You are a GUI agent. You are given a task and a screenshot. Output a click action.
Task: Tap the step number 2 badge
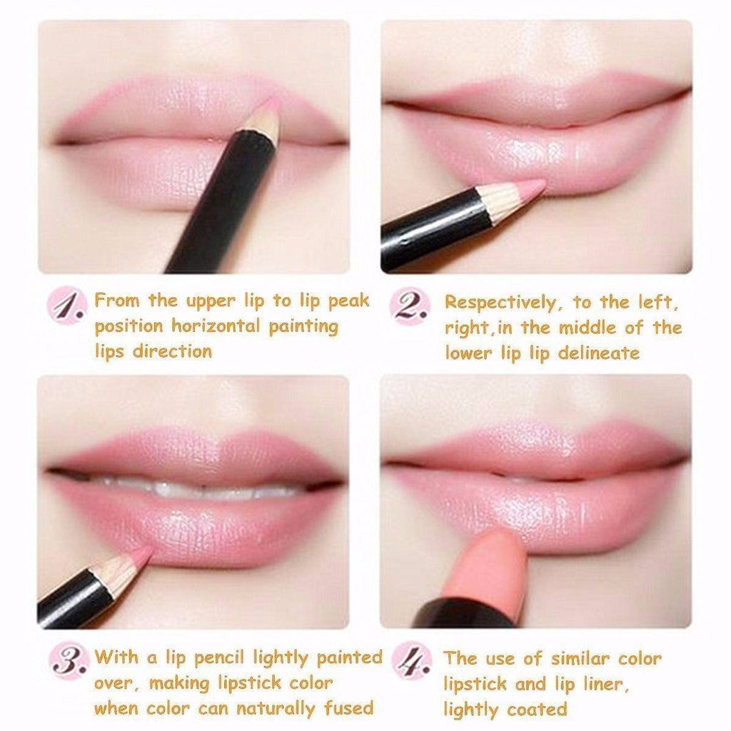[x=410, y=306]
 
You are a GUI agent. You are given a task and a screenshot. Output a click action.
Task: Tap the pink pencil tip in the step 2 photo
[x=534, y=188]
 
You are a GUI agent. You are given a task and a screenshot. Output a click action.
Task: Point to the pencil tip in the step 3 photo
[x=141, y=555]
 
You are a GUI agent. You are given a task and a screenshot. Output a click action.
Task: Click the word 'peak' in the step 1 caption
[x=348, y=301]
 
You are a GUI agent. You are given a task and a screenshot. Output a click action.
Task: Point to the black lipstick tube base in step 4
[x=464, y=614]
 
